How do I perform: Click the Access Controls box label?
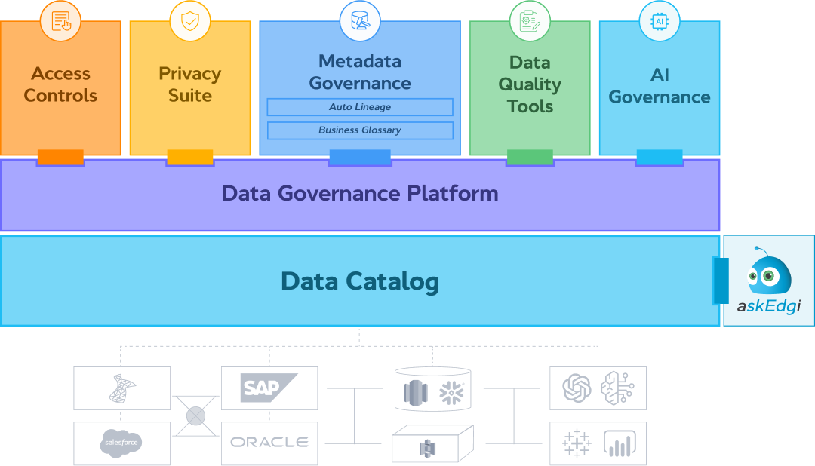point(60,84)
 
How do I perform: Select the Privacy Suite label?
point(189,84)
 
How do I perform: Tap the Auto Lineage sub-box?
point(360,107)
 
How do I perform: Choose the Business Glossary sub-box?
point(360,130)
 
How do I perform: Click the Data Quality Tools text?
point(530,84)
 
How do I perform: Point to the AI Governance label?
point(660,86)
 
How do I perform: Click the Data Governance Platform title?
point(360,193)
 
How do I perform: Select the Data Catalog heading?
point(360,281)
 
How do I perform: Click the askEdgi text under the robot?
point(768,308)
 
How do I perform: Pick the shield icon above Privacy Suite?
point(189,21)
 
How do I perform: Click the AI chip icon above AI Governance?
point(660,21)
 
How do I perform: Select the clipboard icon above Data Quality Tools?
point(530,21)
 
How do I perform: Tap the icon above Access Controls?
point(60,21)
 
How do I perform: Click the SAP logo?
point(261,388)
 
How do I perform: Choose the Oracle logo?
point(269,443)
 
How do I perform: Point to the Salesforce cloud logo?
point(121,443)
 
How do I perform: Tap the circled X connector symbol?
point(195,415)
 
